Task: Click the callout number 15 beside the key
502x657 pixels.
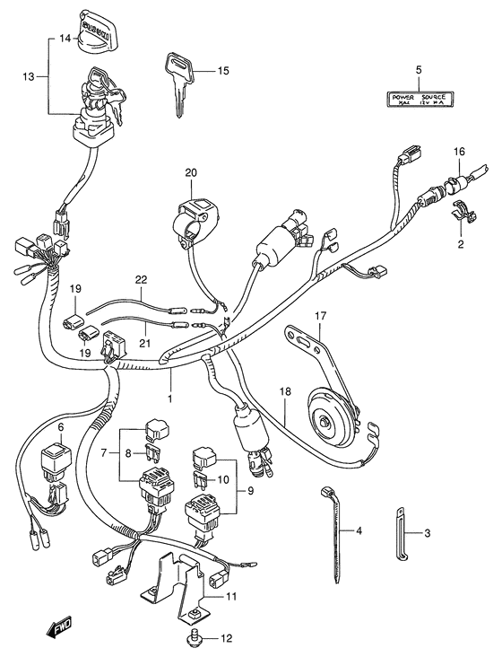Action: coord(223,71)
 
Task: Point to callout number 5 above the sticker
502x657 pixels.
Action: coord(418,70)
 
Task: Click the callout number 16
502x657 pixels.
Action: coord(458,152)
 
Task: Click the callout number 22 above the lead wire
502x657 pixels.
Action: coord(141,280)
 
